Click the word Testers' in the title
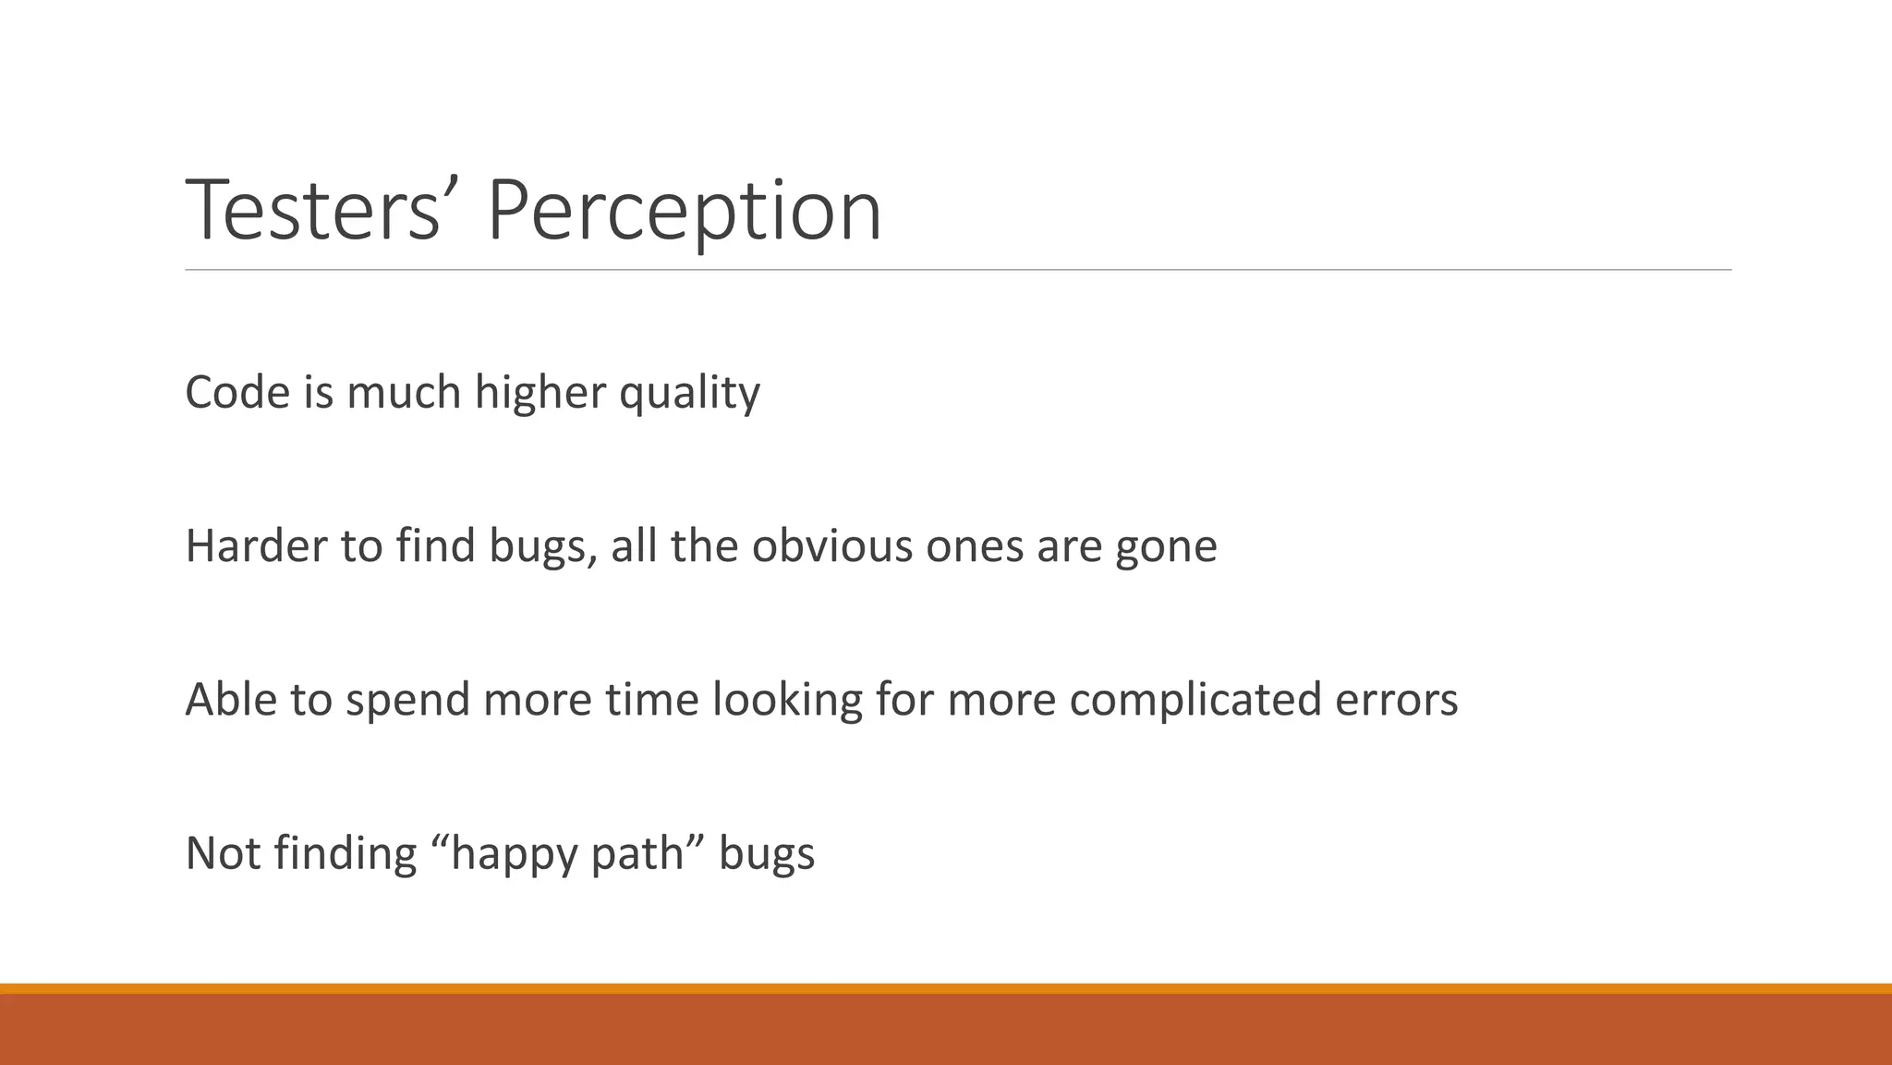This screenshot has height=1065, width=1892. point(312,211)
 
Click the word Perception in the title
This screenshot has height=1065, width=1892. point(684,211)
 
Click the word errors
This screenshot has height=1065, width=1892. point(1396,699)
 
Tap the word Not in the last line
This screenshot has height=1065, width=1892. point(223,852)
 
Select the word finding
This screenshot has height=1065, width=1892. point(346,852)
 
